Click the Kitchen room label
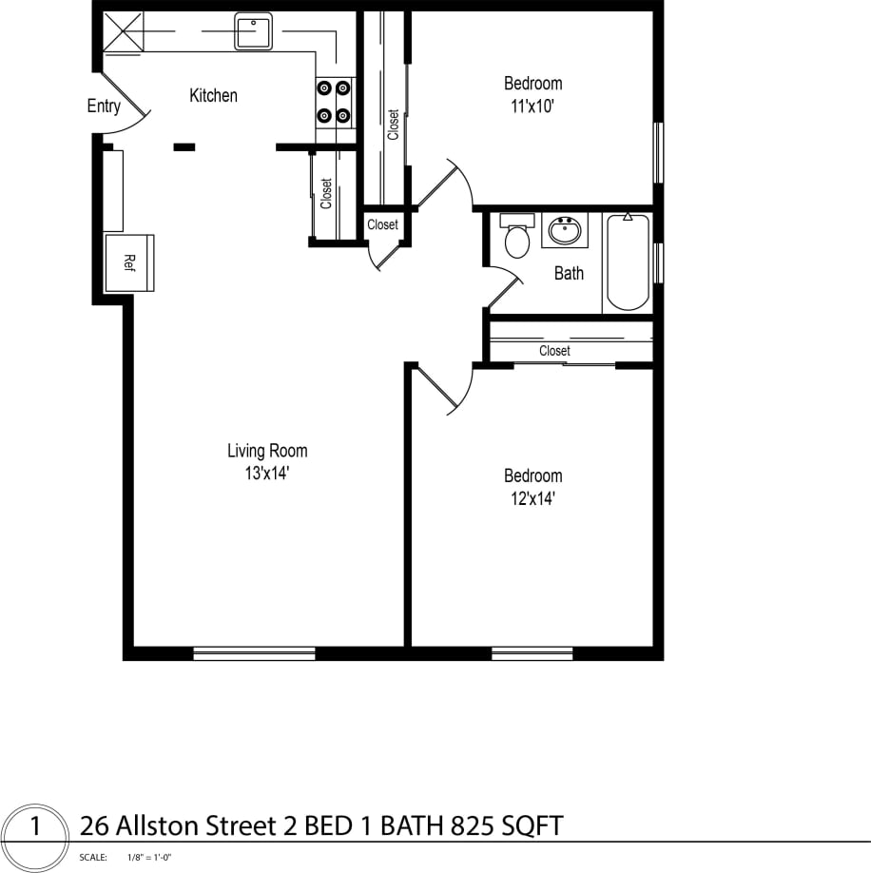213,95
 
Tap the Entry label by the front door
104,106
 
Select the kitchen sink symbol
253,31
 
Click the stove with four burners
334,102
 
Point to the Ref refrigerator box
129,262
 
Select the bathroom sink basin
565,229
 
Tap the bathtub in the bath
628,262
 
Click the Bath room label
569,274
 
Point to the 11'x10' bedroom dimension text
532,107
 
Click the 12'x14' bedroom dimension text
532,498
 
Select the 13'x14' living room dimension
266,473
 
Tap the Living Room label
267,451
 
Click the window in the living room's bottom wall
254,653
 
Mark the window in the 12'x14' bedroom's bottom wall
532,653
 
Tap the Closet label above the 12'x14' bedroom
554,351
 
